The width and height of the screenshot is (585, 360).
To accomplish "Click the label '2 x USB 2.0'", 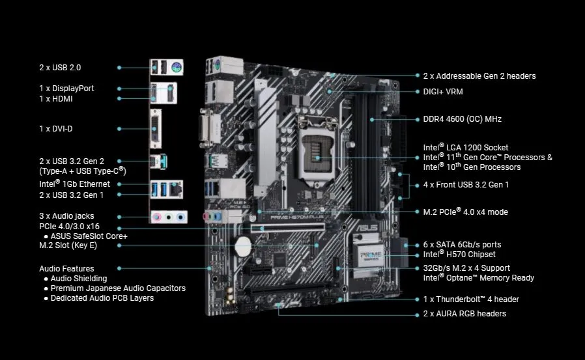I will pos(60,67).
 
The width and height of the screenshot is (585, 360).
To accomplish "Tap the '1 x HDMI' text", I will pos(56,98).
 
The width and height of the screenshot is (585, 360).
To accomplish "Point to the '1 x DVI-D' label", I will pos(56,128).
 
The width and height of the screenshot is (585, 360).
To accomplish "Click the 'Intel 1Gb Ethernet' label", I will pos(74,184).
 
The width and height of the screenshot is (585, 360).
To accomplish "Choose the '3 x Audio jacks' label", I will pos(66,215).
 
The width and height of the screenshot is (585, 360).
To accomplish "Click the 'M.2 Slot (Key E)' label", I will pos(68,245).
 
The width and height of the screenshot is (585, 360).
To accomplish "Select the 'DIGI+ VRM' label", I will pos(443,92).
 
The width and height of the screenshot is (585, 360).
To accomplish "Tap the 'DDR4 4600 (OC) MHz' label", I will pos(462,119).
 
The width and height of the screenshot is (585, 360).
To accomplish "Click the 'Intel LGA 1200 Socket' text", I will pos(465,148).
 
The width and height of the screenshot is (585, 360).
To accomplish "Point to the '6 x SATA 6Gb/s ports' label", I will pos(462,244).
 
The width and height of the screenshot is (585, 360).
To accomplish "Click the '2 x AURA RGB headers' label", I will pos(464,313).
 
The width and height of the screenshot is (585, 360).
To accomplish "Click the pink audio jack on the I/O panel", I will pos(156,217).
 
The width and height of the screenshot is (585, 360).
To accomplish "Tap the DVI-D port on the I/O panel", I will pos(157,128).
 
